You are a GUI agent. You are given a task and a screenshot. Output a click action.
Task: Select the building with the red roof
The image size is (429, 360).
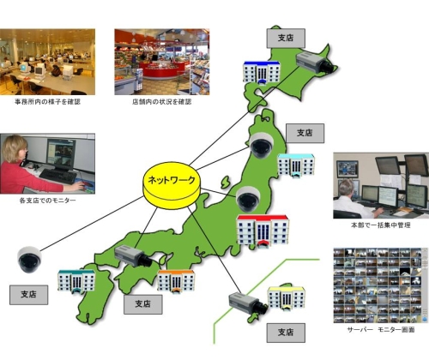click(263, 231)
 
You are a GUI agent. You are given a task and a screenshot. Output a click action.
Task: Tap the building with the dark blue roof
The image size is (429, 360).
click(262, 72)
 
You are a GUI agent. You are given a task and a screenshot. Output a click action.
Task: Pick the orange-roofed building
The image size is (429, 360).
click(177, 281)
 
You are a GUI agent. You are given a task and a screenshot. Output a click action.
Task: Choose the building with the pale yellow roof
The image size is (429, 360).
click(286, 298)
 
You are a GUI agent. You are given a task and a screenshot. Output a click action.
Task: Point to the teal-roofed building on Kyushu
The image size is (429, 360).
click(76, 282)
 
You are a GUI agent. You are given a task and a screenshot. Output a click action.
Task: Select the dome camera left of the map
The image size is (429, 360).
click(29, 260)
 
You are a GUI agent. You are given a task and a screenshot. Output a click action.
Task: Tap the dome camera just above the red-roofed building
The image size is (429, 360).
click(248, 199)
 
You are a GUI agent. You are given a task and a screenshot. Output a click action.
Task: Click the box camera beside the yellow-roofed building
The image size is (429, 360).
click(248, 303)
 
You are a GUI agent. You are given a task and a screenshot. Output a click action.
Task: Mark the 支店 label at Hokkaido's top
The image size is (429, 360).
click(286, 38)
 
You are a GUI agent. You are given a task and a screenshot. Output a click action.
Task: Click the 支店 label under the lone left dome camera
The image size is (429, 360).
click(28, 295)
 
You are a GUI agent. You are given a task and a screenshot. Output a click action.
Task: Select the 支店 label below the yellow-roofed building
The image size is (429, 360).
click(286, 333)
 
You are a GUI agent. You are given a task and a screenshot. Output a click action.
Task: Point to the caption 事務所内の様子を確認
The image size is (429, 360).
click(47, 102)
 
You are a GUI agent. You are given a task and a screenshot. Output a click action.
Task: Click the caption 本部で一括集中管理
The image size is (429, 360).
click(381, 225)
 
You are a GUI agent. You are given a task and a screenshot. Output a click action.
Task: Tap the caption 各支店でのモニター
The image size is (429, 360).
click(47, 201)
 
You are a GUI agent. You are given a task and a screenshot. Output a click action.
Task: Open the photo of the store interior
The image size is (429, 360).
click(162, 62)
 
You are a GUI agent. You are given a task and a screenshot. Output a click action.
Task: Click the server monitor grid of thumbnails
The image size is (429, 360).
click(378, 285)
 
